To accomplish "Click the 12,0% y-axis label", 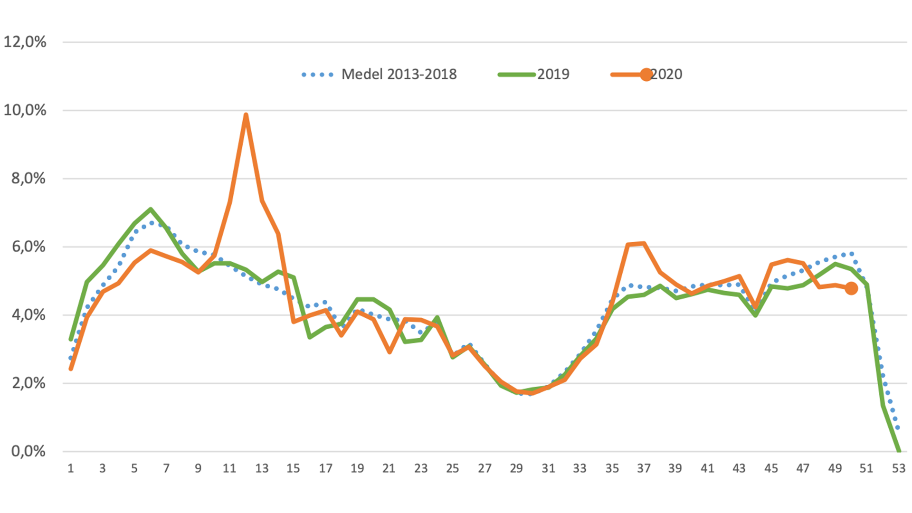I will [x=25, y=42].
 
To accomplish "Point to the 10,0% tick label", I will [x=25, y=110].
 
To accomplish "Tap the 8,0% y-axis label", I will [x=28, y=179].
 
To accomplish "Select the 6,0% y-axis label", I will [x=28, y=247].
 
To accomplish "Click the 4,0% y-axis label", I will [x=28, y=315].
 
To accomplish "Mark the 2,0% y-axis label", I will [x=28, y=383].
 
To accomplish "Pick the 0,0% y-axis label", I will [x=28, y=451].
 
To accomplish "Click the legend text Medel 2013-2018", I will [x=399, y=74].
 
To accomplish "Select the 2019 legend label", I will [x=553, y=74].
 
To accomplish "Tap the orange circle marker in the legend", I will [x=646, y=75].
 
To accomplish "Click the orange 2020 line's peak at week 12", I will [x=246, y=114].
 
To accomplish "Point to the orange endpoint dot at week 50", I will [x=851, y=288].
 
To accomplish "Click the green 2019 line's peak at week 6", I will [x=151, y=209].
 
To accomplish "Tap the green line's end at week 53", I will [x=899, y=451].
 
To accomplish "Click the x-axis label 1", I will [x=71, y=469].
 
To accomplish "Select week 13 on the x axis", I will [x=262, y=469].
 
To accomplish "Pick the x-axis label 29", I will [x=516, y=469].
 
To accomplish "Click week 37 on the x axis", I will [x=644, y=469].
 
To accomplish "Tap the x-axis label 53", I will [x=899, y=469].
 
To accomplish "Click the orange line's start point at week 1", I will [x=71, y=369].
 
